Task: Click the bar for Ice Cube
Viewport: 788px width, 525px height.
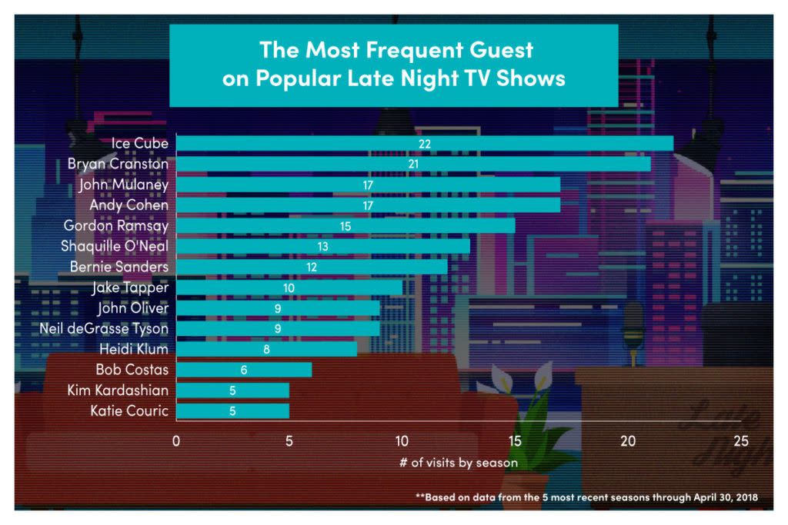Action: click(425, 144)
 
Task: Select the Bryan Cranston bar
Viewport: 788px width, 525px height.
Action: click(413, 164)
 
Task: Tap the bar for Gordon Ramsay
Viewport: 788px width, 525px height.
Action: click(346, 226)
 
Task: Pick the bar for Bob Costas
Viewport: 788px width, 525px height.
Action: click(244, 370)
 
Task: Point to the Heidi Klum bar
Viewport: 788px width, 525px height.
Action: click(266, 349)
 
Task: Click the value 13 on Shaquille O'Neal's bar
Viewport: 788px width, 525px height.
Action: click(322, 247)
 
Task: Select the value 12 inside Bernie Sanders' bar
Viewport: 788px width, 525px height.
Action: click(311, 267)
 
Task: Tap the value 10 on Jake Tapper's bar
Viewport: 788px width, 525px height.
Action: click(289, 287)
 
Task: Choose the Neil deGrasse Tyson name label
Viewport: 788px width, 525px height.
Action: click(104, 329)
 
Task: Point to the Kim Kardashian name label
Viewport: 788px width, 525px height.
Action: click(119, 390)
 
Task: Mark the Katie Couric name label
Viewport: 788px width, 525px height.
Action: click(129, 411)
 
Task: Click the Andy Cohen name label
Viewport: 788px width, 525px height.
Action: click(129, 205)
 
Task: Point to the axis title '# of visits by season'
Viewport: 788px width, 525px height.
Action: click(459, 463)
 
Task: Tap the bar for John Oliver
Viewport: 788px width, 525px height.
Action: click(278, 308)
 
